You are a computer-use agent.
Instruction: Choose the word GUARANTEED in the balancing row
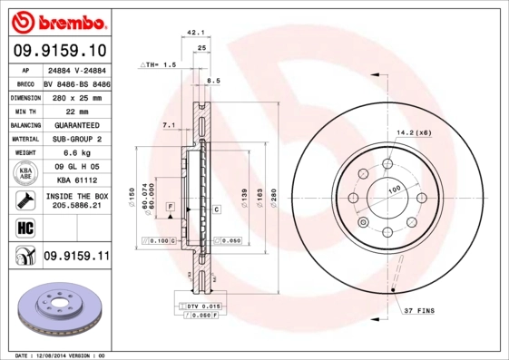point(76,125)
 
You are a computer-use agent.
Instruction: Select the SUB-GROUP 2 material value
point(75,140)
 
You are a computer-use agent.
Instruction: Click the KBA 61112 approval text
point(75,181)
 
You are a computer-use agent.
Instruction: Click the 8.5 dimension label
point(214,82)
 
